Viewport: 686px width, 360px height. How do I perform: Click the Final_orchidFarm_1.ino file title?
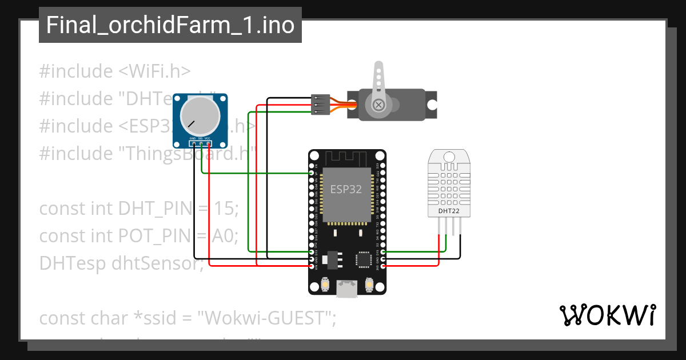pos(170,25)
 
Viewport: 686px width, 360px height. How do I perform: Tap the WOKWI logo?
pos(607,315)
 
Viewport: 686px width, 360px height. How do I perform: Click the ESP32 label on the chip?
pos(346,190)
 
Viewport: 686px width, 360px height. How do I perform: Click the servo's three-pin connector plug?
pos(320,105)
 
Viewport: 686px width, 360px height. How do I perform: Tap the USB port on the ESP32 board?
pos(347,290)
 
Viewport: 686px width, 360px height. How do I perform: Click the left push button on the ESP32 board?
pos(325,284)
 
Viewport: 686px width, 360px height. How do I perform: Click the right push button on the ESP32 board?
pos(369,284)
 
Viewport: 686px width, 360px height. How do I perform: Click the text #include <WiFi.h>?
pos(115,71)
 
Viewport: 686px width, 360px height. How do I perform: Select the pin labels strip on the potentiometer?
pos(200,139)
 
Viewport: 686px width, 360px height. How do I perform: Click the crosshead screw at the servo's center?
pos(378,105)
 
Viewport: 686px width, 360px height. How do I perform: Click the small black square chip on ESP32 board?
pos(364,259)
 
